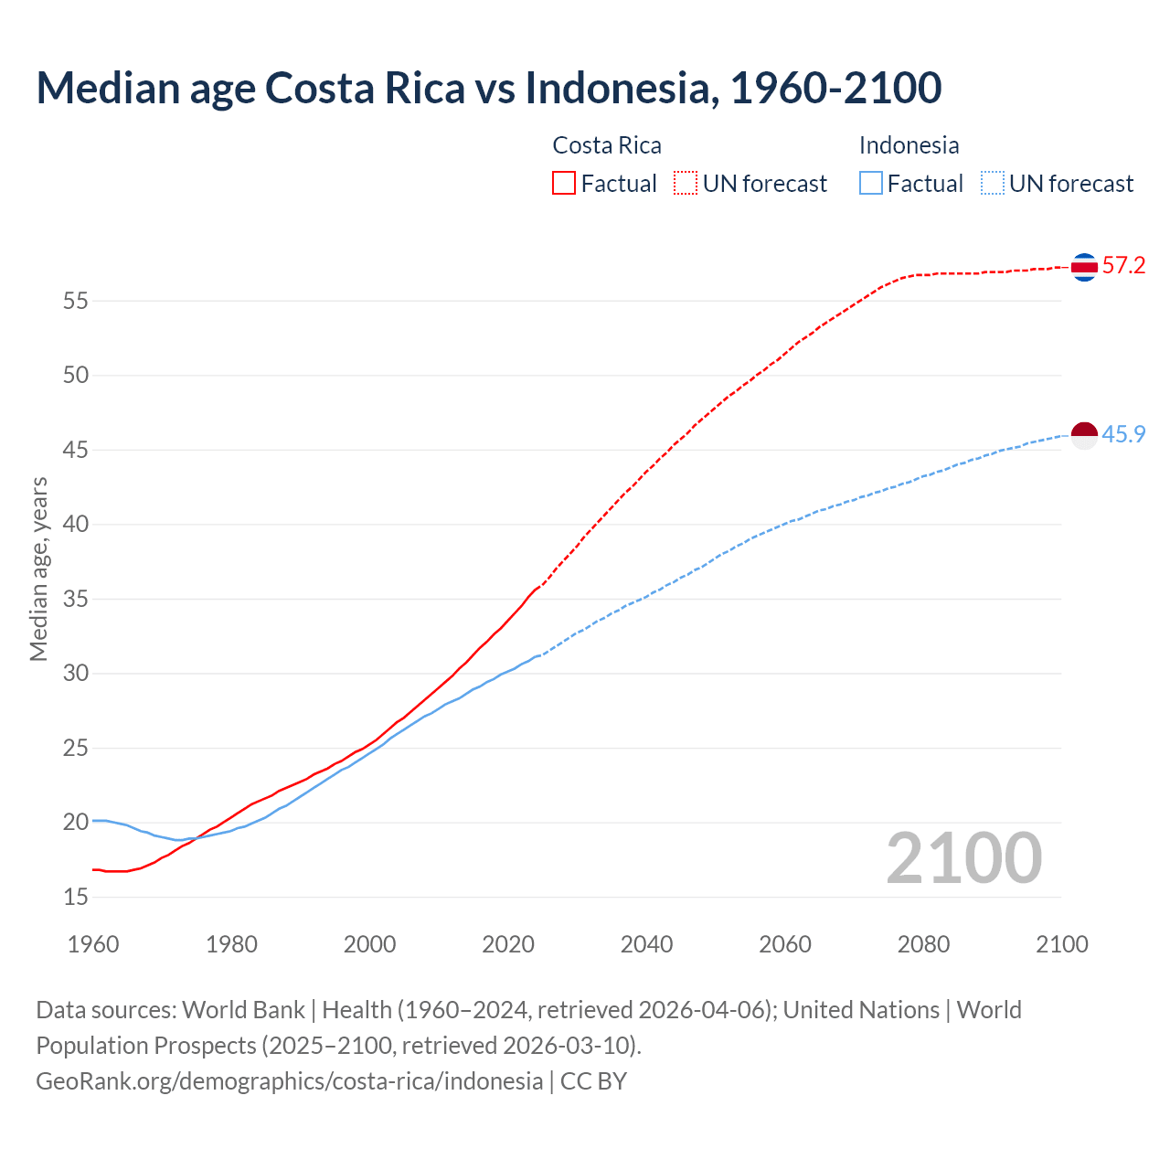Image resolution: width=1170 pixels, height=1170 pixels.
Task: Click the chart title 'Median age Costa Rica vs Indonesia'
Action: click(488, 89)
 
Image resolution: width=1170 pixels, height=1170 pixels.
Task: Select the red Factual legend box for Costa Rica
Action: click(564, 184)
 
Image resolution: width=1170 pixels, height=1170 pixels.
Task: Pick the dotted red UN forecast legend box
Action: click(686, 184)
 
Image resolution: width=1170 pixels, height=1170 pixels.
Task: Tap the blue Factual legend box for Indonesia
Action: click(871, 184)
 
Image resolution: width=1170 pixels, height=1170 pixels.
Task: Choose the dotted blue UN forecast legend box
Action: click(993, 184)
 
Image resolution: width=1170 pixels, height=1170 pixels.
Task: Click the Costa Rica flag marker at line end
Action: click(1084, 267)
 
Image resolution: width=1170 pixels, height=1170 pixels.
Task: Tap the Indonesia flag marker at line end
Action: click(1084, 436)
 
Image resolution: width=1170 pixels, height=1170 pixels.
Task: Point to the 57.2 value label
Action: click(1123, 266)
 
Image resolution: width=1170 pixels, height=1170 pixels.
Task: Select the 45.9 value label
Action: click(1123, 435)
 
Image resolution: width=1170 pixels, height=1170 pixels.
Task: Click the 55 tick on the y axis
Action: click(76, 301)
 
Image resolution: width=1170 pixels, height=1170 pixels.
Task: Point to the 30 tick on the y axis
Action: click(76, 674)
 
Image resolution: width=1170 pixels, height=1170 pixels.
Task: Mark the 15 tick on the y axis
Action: click(76, 898)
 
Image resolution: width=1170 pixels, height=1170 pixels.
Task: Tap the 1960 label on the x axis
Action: click(93, 944)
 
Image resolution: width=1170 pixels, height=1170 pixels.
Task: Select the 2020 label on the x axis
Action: click(508, 944)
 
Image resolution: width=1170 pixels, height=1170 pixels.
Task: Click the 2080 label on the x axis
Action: click(923, 944)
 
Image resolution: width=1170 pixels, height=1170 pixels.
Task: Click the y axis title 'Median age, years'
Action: click(38, 569)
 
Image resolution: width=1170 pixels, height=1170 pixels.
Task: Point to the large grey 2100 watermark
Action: click(964, 858)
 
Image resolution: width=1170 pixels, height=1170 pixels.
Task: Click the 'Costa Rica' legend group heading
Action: click(607, 145)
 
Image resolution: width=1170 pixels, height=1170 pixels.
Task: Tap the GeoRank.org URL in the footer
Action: click(289, 1081)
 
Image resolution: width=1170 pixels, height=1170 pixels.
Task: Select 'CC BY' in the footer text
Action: click(593, 1081)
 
